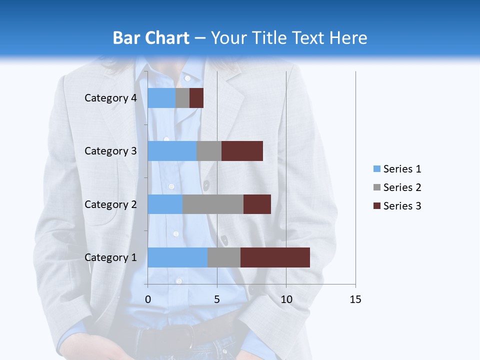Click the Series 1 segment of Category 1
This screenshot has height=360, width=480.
[x=177, y=257]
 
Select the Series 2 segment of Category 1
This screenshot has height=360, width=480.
[x=224, y=257]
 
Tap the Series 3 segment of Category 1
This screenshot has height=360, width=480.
[x=275, y=257]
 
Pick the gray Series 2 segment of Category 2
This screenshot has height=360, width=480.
[x=213, y=204]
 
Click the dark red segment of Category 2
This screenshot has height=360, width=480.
[x=257, y=204]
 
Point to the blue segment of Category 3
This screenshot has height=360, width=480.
[x=172, y=151]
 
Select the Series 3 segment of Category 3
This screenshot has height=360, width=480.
[x=242, y=151]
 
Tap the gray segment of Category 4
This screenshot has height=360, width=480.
[x=182, y=98]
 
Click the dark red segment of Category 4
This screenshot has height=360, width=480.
[x=196, y=98]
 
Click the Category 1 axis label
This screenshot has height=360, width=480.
[x=110, y=257]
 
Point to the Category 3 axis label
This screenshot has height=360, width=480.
[x=110, y=151]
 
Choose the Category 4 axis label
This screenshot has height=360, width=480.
[x=110, y=98]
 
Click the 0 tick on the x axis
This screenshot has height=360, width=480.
[x=148, y=299]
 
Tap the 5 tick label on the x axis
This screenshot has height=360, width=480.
[x=217, y=299]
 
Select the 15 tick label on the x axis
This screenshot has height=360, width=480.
[x=355, y=299]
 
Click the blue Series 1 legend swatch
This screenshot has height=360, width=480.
[x=376, y=169]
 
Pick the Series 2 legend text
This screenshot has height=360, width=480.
[x=402, y=187]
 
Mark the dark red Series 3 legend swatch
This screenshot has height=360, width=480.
[x=376, y=206]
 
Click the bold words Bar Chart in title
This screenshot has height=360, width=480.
[x=151, y=38]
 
